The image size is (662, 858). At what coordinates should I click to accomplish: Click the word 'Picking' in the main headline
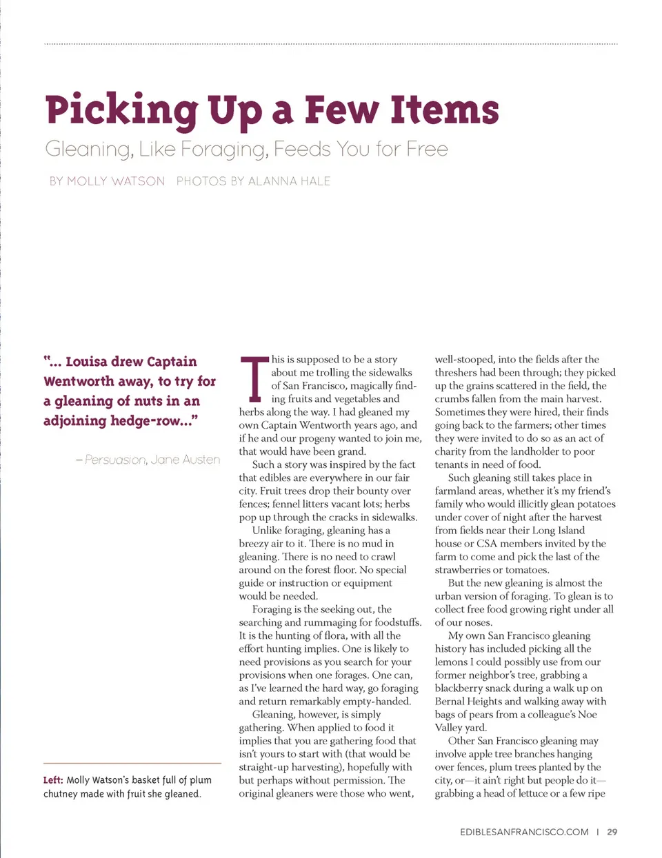[x=121, y=111]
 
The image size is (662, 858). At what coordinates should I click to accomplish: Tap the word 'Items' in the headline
[x=445, y=110]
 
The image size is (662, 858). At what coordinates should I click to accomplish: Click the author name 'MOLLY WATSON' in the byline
[x=116, y=181]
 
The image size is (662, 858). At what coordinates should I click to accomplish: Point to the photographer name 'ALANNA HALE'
[x=289, y=181]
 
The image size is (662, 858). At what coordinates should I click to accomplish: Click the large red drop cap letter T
[x=254, y=379]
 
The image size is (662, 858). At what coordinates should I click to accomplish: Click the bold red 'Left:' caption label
[x=53, y=780]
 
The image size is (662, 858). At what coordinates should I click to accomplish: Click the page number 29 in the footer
[x=612, y=832]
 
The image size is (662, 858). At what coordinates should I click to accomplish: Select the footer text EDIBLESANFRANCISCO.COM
[x=524, y=832]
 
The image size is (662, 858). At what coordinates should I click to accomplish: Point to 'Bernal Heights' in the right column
[x=468, y=702]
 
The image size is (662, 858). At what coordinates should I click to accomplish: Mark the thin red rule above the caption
[x=132, y=763]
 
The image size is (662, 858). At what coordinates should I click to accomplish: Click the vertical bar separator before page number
[x=598, y=832]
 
